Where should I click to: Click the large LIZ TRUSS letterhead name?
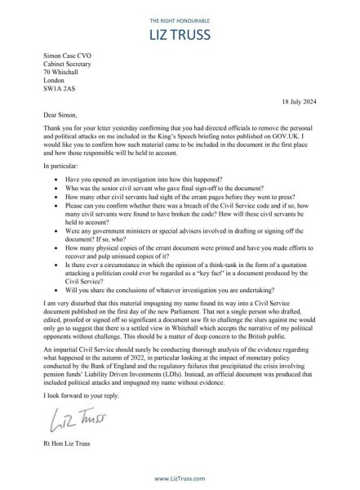[x=180, y=34]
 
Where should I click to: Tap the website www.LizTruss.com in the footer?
[x=180, y=479]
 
